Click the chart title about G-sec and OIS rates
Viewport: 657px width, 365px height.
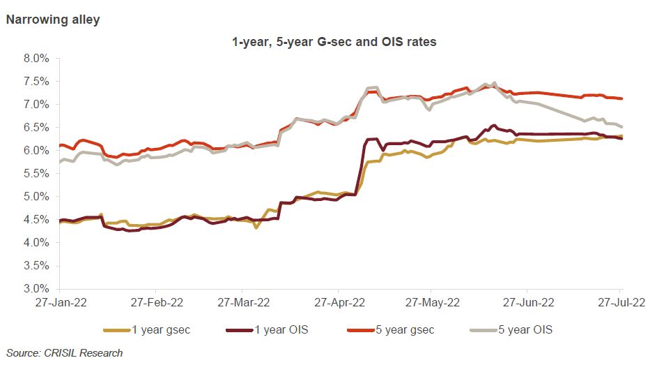334,42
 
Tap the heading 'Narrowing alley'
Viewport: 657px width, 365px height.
52,20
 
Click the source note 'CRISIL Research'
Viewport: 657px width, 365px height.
64,353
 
